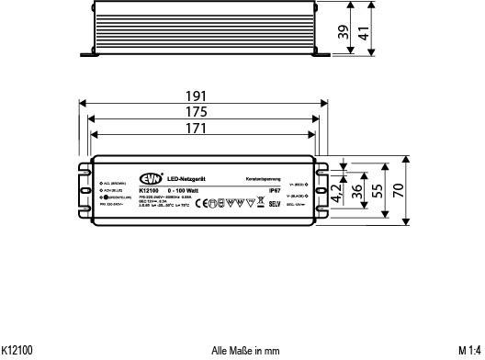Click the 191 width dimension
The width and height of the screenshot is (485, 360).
click(196, 96)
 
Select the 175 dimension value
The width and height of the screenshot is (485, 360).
click(196, 112)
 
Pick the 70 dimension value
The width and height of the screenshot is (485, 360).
click(399, 189)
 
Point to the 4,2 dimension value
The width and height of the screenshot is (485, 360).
click(337, 178)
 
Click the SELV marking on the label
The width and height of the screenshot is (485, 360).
click(273, 202)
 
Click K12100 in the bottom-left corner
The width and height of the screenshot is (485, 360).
click(17, 351)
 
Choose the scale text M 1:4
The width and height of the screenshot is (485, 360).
click(469, 351)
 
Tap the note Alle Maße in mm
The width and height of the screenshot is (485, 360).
click(245, 351)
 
